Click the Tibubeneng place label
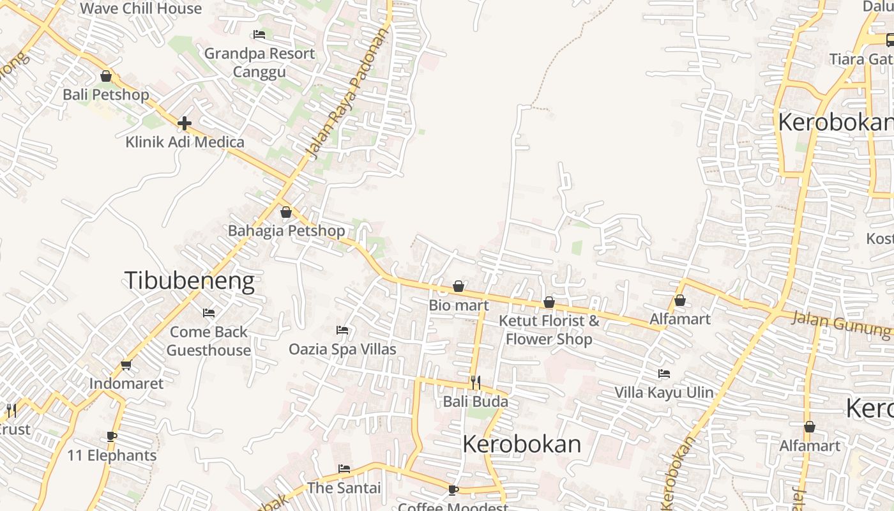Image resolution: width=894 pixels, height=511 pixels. coord(189,281)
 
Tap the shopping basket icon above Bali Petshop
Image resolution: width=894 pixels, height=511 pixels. coord(106,77)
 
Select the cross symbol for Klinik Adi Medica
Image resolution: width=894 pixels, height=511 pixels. coord(185,123)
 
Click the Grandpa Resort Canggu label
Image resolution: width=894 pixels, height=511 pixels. coord(259,62)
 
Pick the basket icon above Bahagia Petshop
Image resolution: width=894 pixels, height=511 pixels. coord(286,212)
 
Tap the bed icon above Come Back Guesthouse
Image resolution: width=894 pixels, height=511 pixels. coord(209,313)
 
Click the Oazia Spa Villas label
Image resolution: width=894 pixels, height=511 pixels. coord(342,349)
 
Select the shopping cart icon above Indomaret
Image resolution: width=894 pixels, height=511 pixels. coord(126,365)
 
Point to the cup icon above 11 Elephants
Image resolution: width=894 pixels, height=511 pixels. coord(112,437)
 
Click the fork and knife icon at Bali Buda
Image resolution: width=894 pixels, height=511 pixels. coord(476,383)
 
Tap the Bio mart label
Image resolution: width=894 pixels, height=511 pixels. coord(458,305)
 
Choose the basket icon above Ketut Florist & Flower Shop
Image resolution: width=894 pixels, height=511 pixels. coord(549,302)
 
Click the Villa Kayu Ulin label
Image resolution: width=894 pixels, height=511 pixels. coord(664,392)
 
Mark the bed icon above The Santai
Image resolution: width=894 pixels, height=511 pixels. coord(344,469)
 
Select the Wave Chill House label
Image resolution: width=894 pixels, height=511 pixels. coord(141,9)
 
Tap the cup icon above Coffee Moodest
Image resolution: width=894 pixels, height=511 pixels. coord(453,490)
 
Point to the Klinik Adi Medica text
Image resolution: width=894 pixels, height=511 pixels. coord(185,142)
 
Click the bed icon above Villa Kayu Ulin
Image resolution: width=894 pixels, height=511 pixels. coord(664,374)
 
